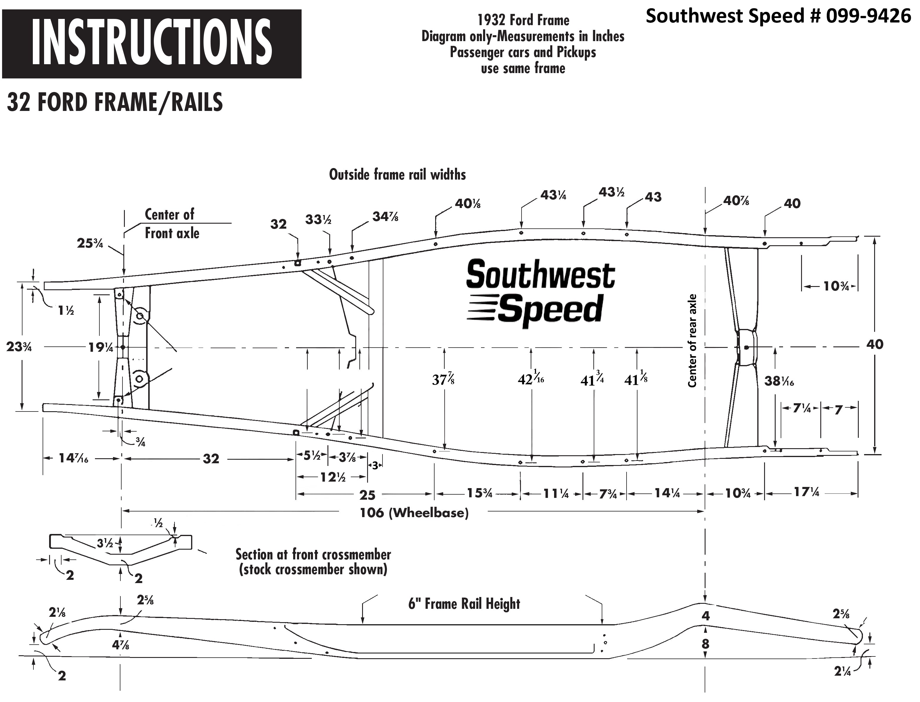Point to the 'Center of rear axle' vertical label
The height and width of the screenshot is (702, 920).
coord(692,340)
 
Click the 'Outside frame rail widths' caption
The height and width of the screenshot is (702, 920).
coord(397,175)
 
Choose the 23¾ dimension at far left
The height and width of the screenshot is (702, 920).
coord(19,347)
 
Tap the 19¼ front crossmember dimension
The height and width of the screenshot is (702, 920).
coord(100,347)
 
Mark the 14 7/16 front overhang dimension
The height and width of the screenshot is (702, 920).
coord(74,459)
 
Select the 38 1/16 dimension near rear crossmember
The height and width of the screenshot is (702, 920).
coord(779,381)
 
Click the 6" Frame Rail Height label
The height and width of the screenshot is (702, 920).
coord(464,604)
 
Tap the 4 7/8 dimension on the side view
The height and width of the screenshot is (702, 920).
coord(120,645)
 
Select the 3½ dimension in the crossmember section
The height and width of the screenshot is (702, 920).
coord(105,543)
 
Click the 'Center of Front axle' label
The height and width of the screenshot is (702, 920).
coord(171,224)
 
